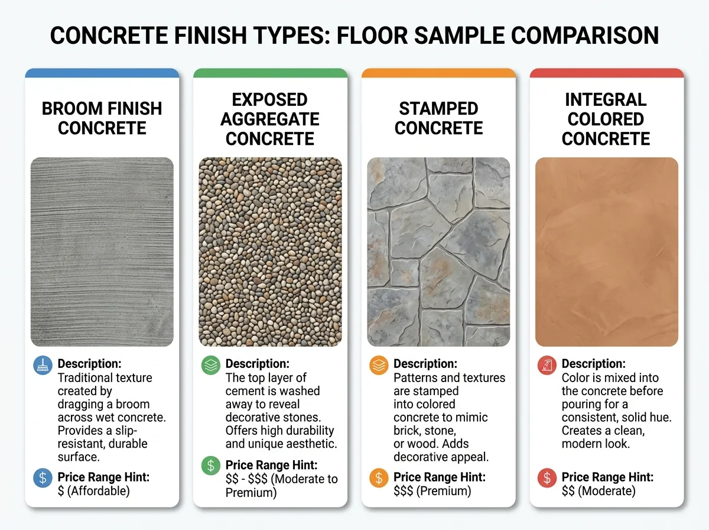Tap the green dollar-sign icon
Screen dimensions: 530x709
tap(210, 466)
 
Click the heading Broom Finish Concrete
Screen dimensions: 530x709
tap(102, 118)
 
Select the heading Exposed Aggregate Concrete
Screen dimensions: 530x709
tap(270, 118)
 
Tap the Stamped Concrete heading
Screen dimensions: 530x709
tap(438, 118)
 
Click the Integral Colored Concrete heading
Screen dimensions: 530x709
tap(606, 118)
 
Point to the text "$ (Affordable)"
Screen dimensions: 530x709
tap(93, 490)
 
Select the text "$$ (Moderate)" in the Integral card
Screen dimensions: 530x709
tap(599, 490)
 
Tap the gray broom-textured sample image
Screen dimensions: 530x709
tap(102, 251)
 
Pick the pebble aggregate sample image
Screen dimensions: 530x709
tap(270, 251)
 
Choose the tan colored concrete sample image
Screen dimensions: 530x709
tap(606, 251)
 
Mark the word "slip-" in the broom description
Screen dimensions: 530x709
tap(135, 431)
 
